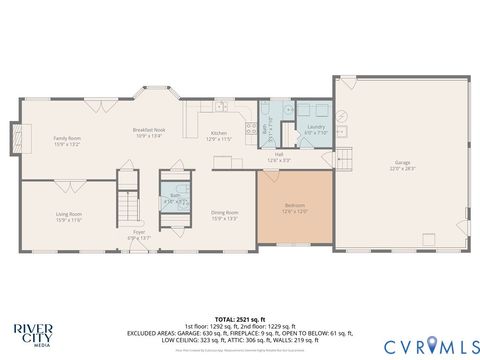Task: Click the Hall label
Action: coord(283,156)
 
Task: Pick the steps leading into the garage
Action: coord(345,157)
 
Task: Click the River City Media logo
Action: coord(32,332)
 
